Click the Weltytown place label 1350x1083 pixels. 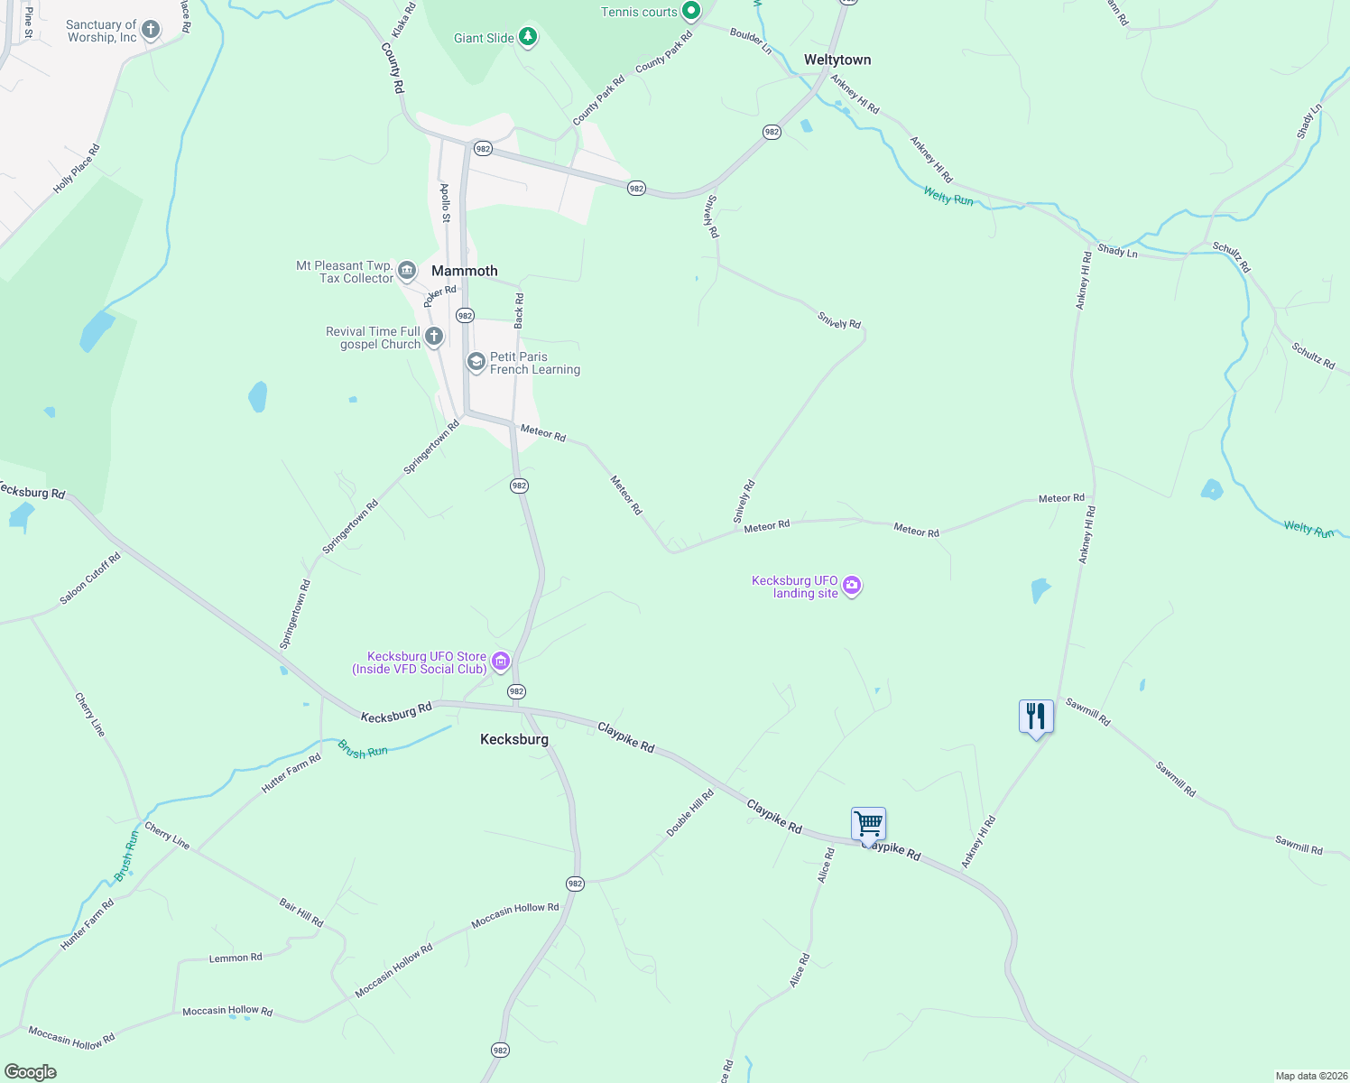click(837, 60)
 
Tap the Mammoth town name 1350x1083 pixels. click(464, 271)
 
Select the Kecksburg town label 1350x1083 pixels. click(513, 739)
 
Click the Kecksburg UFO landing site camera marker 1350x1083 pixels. click(852, 587)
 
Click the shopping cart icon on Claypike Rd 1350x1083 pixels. click(868, 823)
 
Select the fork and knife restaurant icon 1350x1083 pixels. click(1036, 717)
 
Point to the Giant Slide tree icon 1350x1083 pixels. click(528, 38)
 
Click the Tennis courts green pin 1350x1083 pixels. click(690, 12)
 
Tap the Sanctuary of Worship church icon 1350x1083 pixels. click(151, 31)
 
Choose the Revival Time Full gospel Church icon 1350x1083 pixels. click(434, 338)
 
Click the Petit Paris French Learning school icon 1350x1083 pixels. click(476, 363)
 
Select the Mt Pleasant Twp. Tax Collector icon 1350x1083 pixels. click(407, 271)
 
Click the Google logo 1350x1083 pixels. click(31, 1071)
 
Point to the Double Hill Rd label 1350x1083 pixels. click(690, 812)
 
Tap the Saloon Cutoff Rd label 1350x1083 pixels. click(90, 579)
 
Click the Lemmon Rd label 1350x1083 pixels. click(236, 958)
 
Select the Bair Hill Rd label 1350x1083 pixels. click(301, 912)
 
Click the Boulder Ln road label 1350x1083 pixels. click(751, 42)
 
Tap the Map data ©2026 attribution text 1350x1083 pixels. click(1309, 1076)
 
